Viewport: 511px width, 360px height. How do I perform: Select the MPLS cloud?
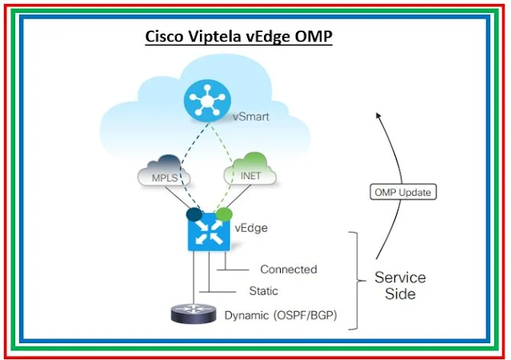[x=163, y=174]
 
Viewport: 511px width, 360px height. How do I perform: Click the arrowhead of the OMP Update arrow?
[x=378, y=116]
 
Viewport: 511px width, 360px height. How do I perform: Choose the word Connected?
[x=289, y=270]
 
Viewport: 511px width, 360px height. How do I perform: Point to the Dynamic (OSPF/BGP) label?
[x=281, y=315]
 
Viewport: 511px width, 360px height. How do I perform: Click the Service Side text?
[x=400, y=286]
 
